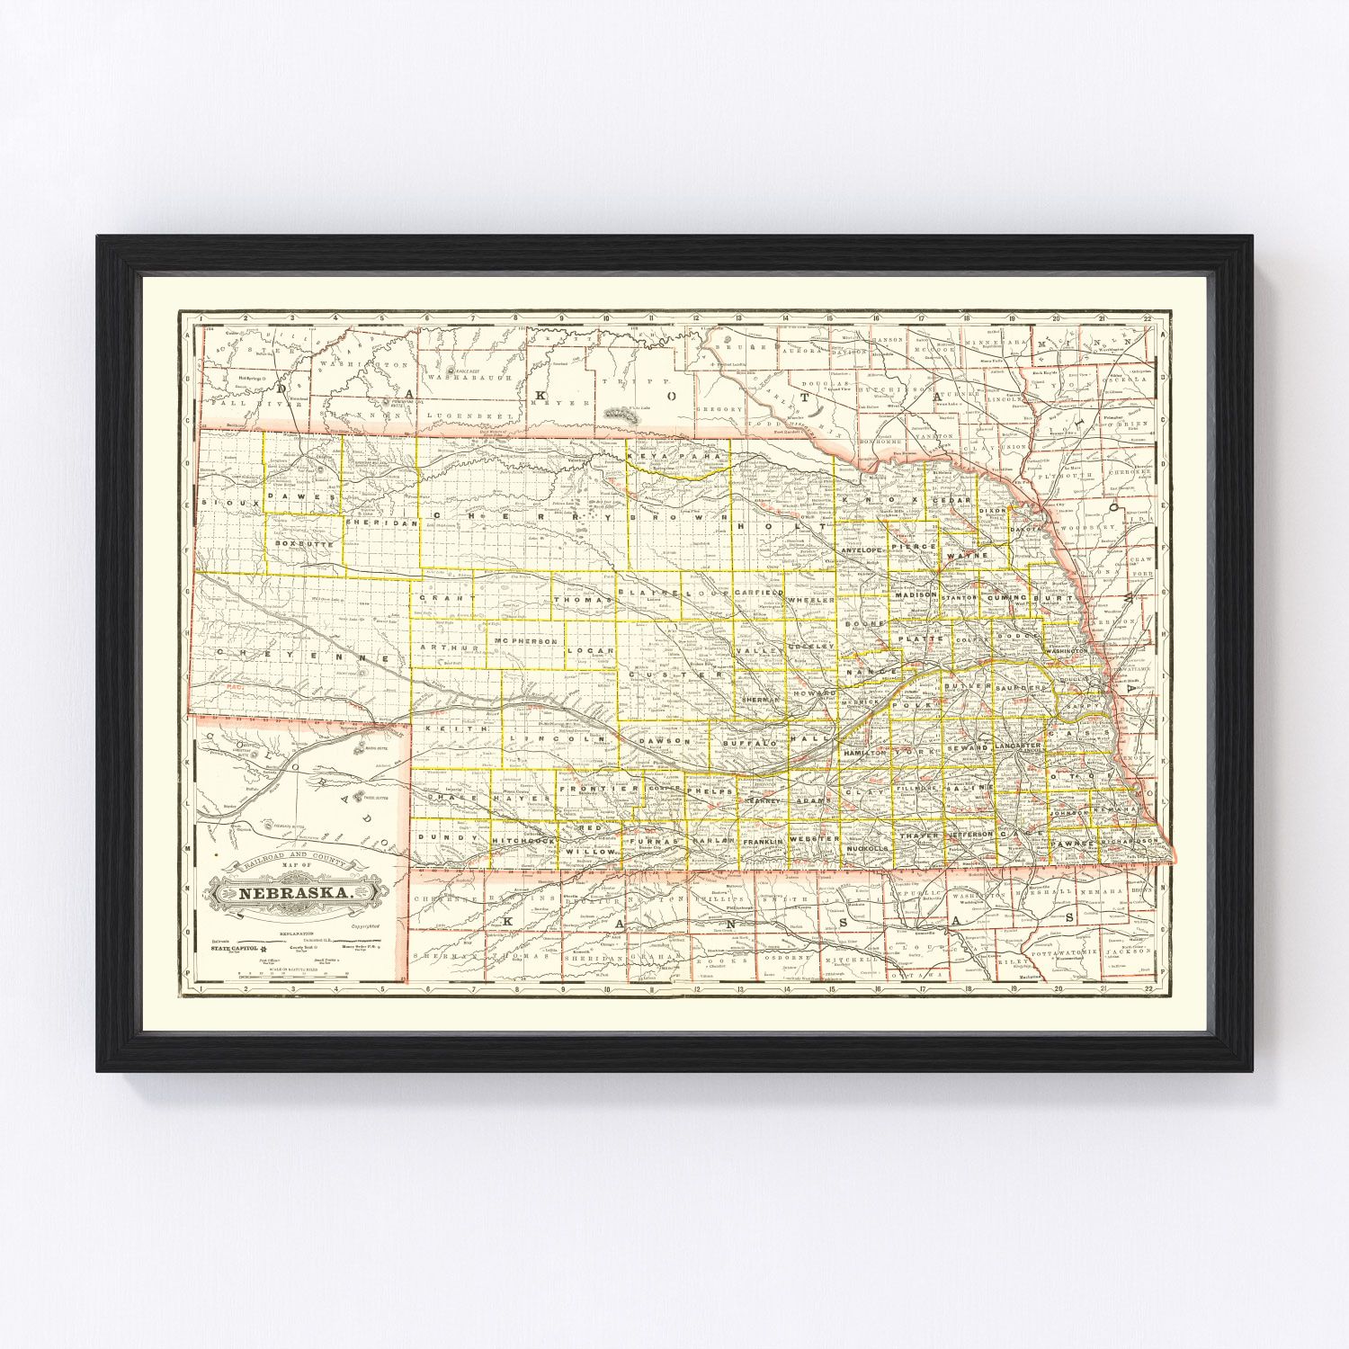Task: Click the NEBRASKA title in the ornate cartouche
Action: coord(294,893)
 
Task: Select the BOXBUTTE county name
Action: coord(304,544)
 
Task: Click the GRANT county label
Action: coord(447,597)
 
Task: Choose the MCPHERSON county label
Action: coord(526,641)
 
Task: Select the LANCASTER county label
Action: coord(1018,746)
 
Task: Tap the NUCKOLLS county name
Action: coord(867,848)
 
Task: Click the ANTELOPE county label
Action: coord(862,549)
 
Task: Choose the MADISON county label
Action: coord(916,594)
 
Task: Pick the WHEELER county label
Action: coord(811,599)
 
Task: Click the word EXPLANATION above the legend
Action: coord(297,934)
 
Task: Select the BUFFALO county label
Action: coord(748,744)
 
